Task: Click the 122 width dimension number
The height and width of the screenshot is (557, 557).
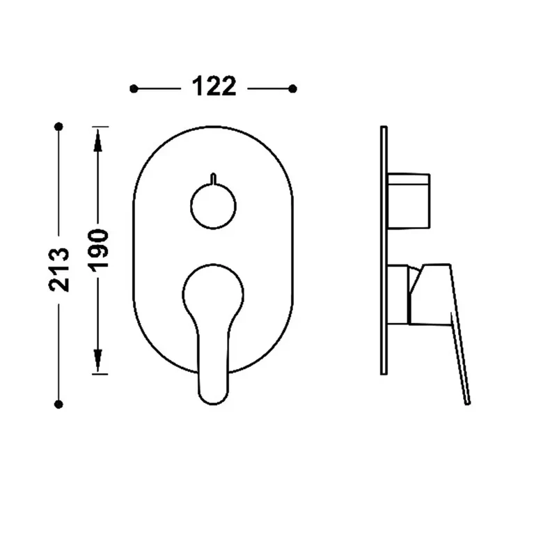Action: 214,86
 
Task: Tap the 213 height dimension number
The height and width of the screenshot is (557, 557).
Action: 59,269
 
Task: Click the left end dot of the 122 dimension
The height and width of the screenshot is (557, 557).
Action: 134,89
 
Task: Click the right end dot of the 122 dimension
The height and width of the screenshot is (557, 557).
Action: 292,89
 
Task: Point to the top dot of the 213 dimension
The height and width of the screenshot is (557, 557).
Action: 59,127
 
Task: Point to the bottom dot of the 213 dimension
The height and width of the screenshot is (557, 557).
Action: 59,405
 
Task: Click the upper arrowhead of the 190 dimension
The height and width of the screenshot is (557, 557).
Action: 98,140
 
